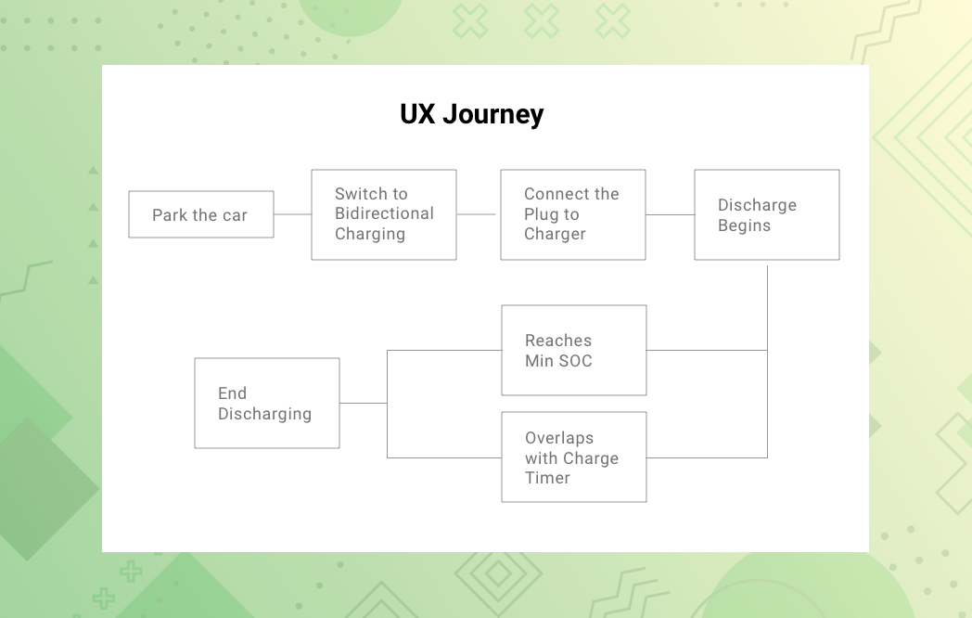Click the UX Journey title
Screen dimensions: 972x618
472,115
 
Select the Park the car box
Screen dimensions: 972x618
201,214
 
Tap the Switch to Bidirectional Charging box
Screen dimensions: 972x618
384,214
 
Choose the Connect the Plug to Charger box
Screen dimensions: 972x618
573,214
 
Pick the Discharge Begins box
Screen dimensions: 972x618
767,214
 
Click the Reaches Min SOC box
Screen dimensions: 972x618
574,350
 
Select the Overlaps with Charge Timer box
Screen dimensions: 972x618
574,457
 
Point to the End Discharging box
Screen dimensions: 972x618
267,404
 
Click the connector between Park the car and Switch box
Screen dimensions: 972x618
292,214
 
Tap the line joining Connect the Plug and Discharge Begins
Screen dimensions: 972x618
671,214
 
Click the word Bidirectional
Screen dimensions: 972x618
384,213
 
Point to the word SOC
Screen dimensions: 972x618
576,360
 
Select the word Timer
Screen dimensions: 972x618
547,478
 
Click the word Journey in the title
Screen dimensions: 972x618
493,115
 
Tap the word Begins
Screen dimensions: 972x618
745,225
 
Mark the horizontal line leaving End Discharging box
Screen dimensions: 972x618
364,404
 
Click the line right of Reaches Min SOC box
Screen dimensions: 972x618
708,351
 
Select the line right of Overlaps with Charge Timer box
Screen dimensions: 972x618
708,457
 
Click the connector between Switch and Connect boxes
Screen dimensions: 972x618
476,214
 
